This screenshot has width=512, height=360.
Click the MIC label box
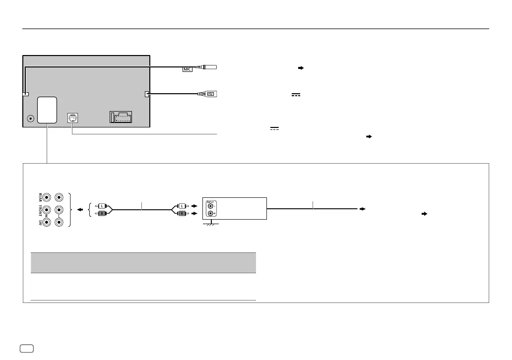click(x=187, y=70)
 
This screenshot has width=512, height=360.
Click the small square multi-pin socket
click(x=72, y=118)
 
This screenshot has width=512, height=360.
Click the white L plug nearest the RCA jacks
click(x=102, y=205)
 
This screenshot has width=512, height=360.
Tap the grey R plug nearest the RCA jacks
click(x=102, y=213)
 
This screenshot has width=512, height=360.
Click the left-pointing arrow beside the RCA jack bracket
click(x=80, y=209)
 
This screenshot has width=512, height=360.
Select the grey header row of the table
click(x=143, y=262)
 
